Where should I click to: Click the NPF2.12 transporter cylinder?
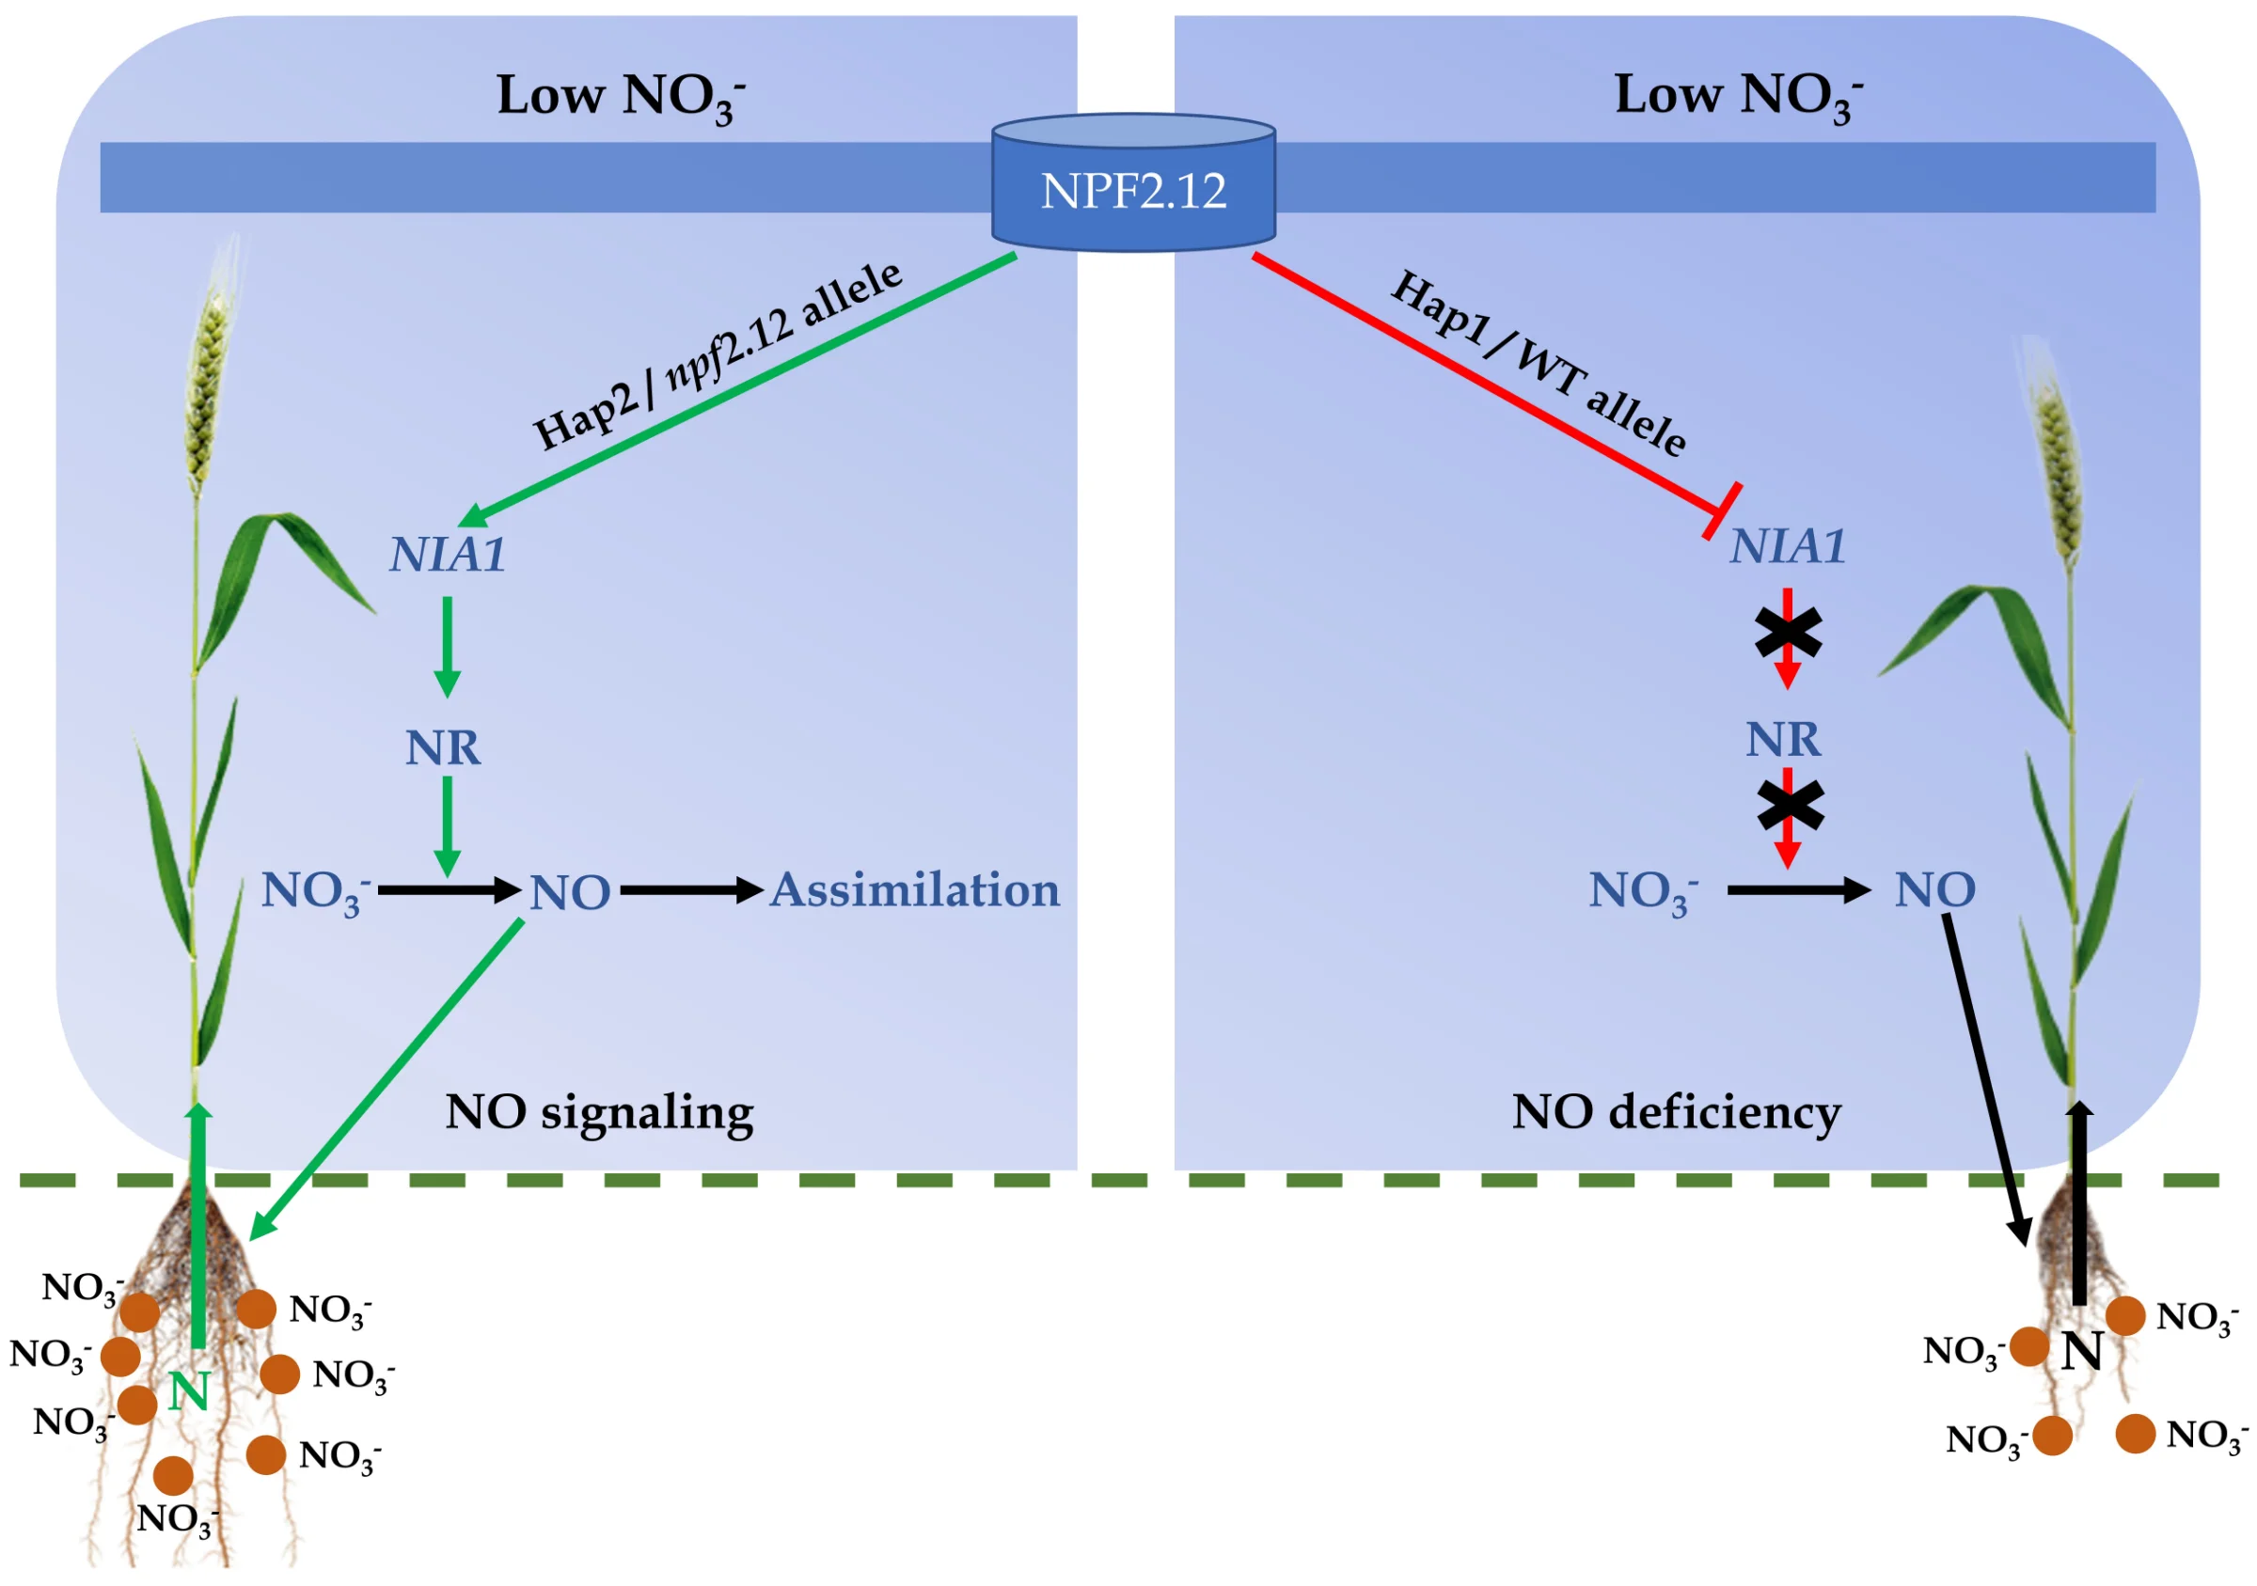click(x=1133, y=187)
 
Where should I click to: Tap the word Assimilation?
click(x=914, y=890)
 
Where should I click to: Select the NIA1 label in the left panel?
click(x=449, y=555)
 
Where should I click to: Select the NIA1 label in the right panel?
click(x=1788, y=546)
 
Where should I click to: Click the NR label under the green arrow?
click(x=443, y=747)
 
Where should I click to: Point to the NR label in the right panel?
click(x=1783, y=739)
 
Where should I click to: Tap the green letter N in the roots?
click(x=189, y=1391)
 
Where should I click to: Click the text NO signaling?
click(x=600, y=1113)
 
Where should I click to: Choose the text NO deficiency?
click(x=1676, y=1112)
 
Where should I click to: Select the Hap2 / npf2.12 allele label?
click(x=718, y=355)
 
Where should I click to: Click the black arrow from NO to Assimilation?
click(x=691, y=890)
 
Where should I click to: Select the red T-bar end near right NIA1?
click(x=1721, y=511)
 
